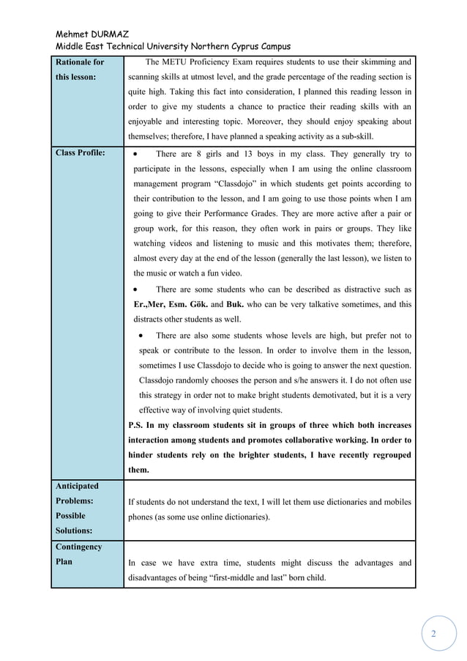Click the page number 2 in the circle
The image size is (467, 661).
coord(433,634)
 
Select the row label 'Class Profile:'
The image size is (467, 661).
coord(80,153)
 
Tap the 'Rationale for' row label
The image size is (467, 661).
coord(80,62)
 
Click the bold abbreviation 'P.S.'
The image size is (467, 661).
coord(138,425)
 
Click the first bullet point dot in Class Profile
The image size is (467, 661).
coord(138,154)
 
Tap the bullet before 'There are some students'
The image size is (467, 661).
coord(138,289)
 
